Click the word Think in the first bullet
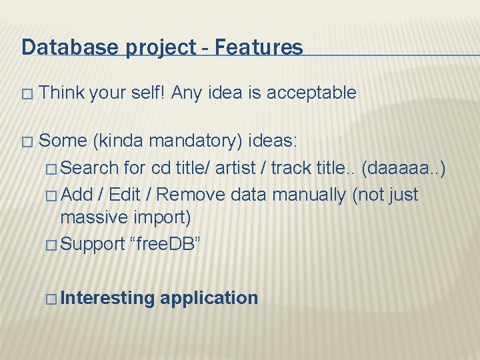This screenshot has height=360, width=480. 61,93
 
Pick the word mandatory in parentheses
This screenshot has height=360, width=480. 196,141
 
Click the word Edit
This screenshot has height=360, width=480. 124,195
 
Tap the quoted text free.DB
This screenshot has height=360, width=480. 163,244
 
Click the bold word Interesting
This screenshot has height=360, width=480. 107,298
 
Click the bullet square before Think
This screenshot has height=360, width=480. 26,94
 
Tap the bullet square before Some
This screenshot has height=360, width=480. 26,142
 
